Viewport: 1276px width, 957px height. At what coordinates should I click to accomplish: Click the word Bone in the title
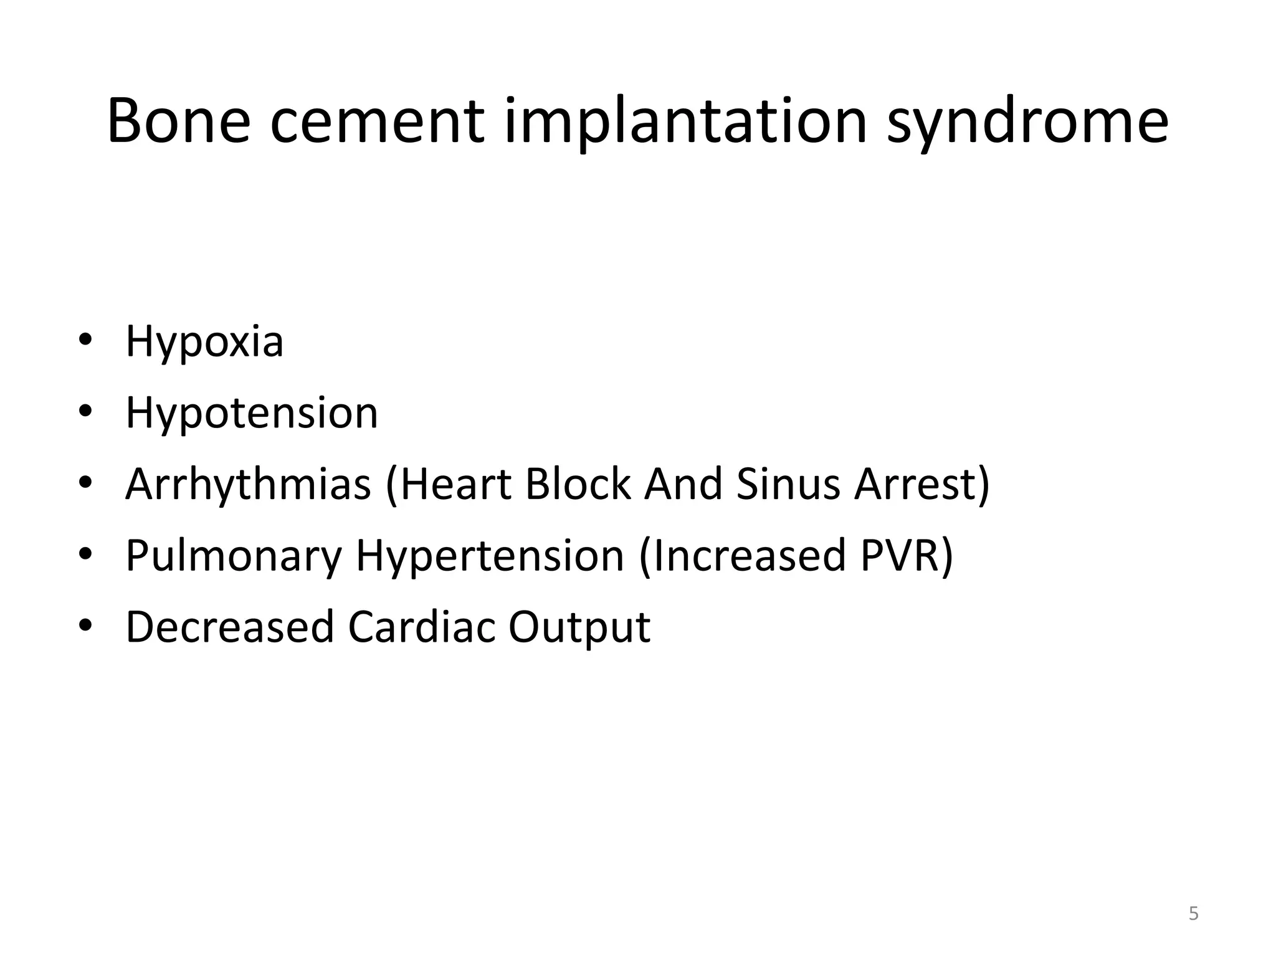(x=179, y=121)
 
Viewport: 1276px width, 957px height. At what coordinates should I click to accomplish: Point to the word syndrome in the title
(x=1028, y=121)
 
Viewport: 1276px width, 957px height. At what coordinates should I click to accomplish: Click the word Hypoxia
(x=204, y=342)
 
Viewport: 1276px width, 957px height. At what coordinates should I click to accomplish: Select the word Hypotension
(x=252, y=413)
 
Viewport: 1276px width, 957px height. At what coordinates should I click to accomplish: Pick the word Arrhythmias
(x=248, y=485)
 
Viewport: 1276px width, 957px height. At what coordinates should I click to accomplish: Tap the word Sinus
(x=788, y=485)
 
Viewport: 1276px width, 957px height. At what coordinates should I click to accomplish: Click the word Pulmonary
(x=234, y=556)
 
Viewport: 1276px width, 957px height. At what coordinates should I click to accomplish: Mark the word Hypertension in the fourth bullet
(x=490, y=556)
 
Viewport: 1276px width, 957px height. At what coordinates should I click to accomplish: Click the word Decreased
(x=230, y=627)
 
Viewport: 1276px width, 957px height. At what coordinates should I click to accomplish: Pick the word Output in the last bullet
(x=579, y=627)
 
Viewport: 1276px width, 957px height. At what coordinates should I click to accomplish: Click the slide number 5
(x=1193, y=914)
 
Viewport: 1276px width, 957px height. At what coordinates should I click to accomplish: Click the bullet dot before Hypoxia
(x=85, y=340)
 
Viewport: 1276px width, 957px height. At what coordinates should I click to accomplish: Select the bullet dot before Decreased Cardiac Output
(x=85, y=624)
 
